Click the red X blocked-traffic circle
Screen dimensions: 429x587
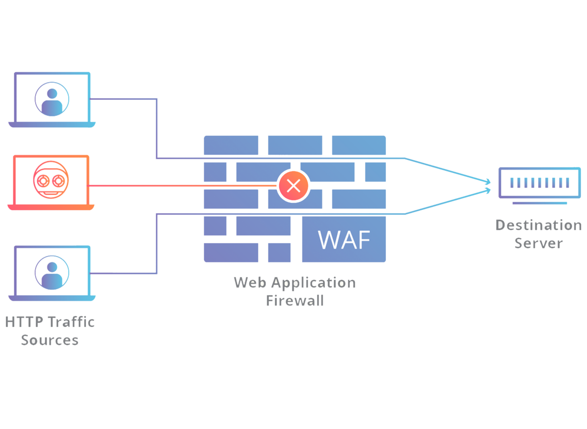coord(293,185)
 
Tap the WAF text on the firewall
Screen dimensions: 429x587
coord(344,240)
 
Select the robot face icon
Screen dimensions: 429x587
coord(51,180)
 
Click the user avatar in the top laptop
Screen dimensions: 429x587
coord(52,99)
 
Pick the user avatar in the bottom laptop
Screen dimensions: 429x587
coord(52,272)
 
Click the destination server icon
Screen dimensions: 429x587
coord(539,183)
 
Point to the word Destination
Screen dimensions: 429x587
coord(538,225)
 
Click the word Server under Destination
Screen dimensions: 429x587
coord(538,243)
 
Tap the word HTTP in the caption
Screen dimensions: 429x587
coord(24,322)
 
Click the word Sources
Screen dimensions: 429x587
coord(50,340)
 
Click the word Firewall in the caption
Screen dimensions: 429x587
coord(295,301)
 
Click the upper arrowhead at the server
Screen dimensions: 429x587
coord(488,182)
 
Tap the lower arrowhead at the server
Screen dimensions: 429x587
coord(488,190)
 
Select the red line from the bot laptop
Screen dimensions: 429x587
coord(181,186)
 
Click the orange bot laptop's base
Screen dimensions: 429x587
coord(51,208)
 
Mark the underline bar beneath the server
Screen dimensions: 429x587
coord(539,203)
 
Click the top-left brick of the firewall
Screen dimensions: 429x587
coord(231,145)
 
